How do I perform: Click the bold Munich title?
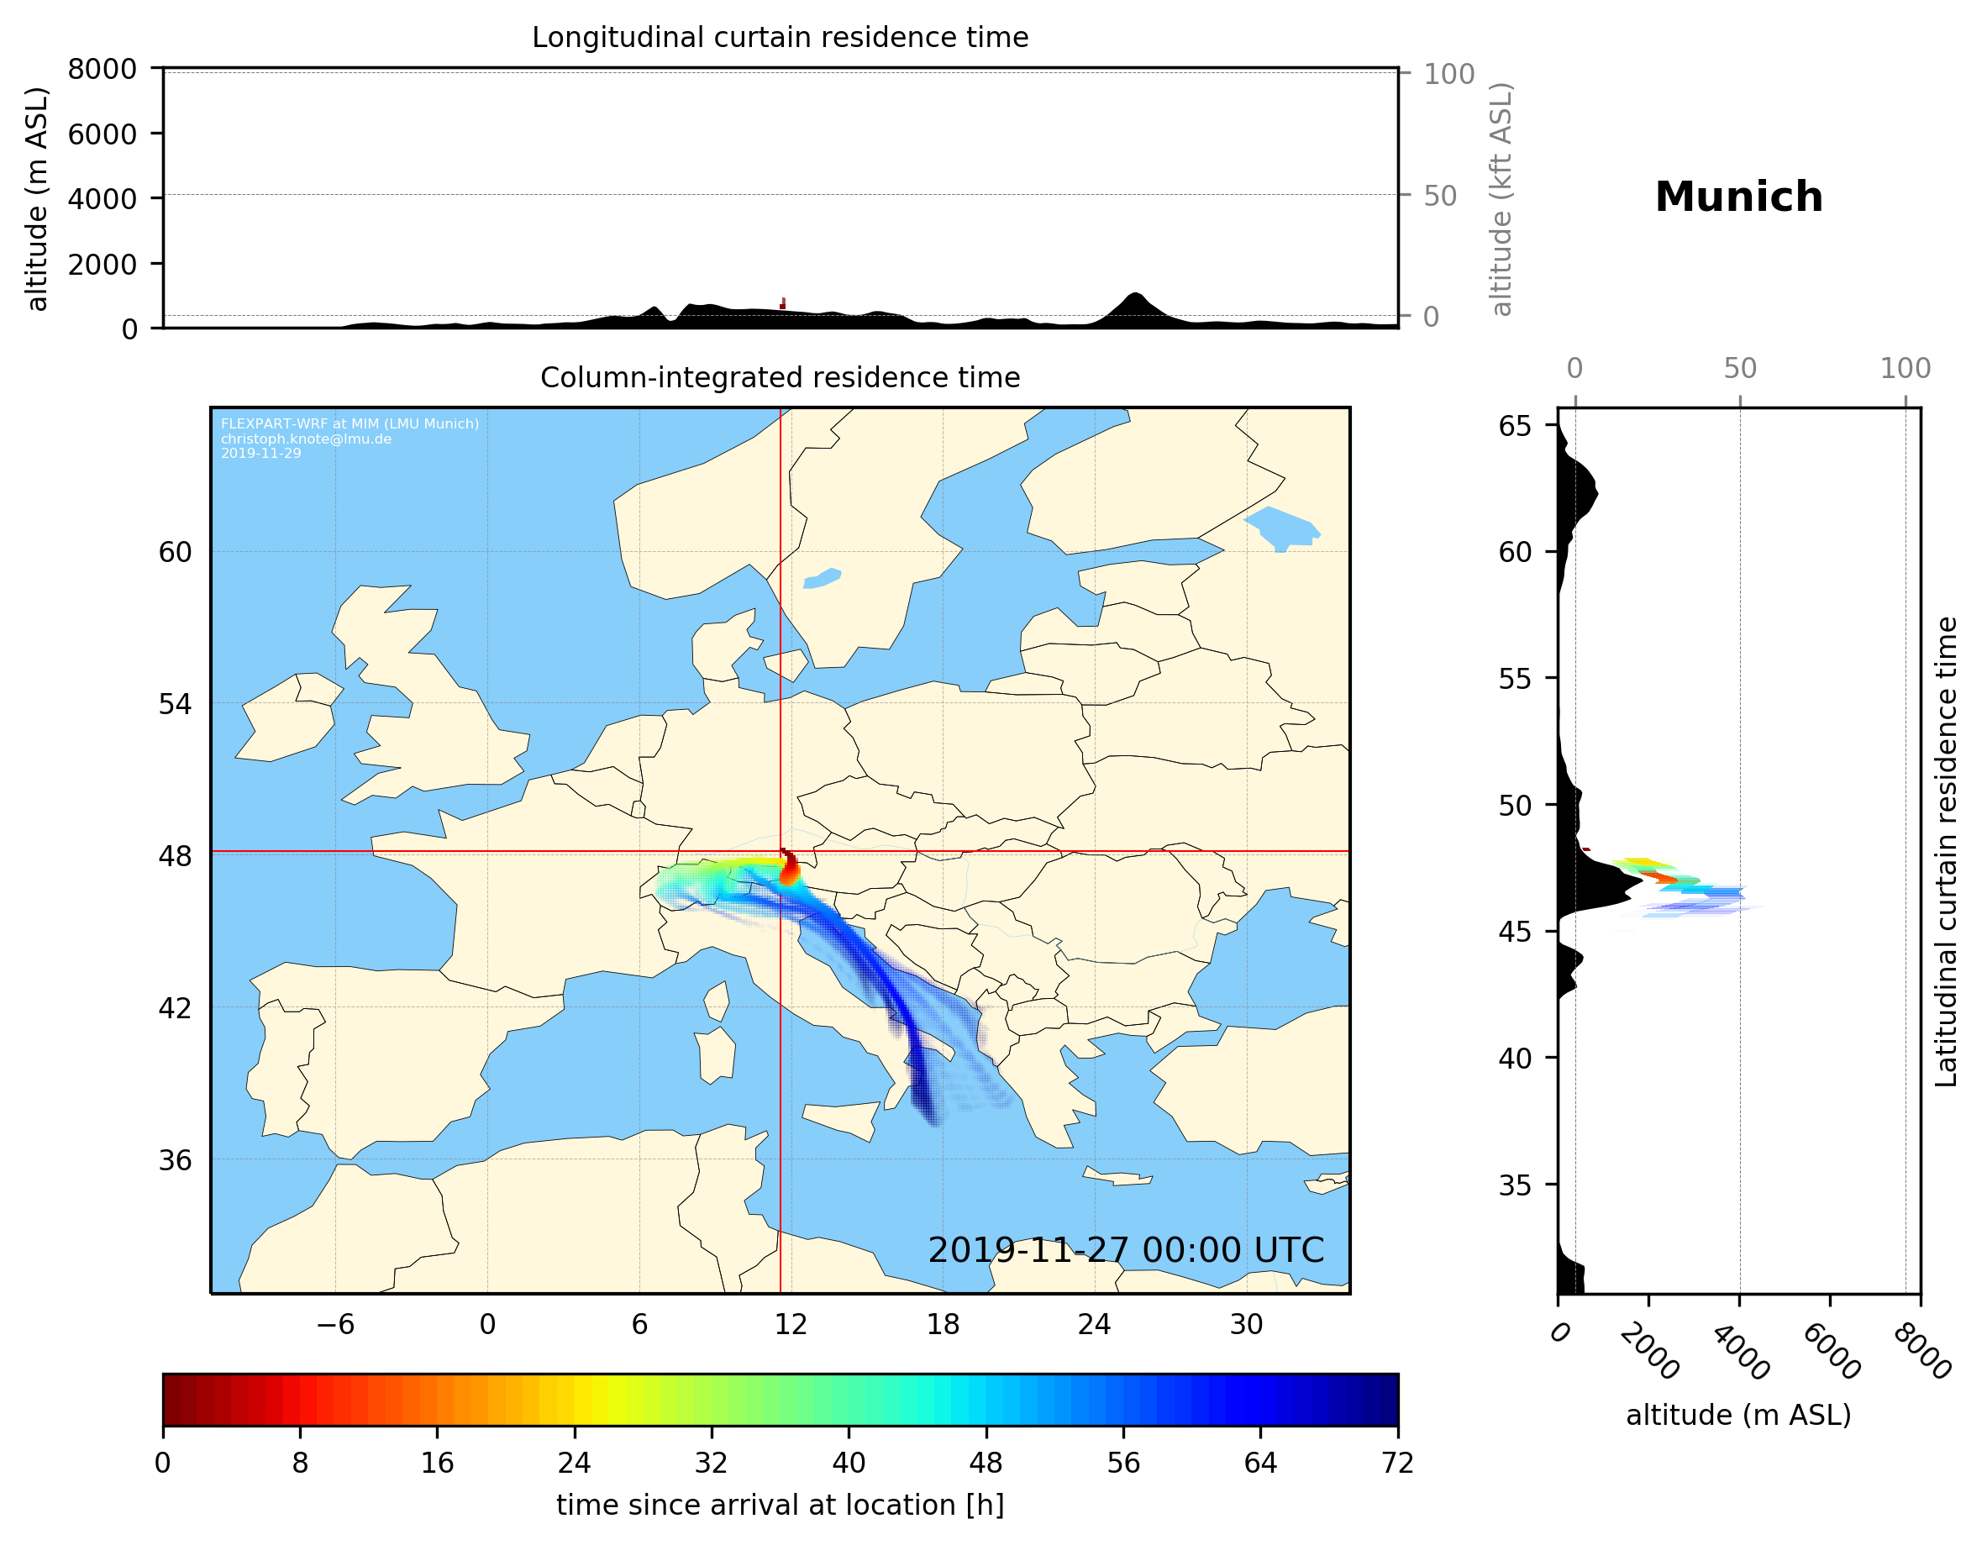[x=1738, y=197]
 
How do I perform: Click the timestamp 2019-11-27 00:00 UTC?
[x=1126, y=1250]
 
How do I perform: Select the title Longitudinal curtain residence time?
[x=780, y=37]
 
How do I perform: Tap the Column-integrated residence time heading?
[x=780, y=377]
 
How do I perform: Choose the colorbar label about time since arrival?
[x=780, y=1505]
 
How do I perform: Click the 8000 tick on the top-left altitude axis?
[x=102, y=69]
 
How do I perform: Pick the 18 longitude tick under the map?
[x=943, y=1324]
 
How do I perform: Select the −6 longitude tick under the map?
[x=334, y=1324]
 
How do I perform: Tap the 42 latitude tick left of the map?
[x=175, y=1008]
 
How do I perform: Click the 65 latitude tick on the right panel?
[x=1515, y=426]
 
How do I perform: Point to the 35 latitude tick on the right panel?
[x=1515, y=1185]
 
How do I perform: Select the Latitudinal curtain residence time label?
[x=1945, y=852]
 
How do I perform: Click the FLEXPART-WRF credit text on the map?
[x=350, y=424]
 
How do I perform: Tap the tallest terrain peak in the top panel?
[x=1133, y=296]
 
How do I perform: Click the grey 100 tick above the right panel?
[x=1906, y=369]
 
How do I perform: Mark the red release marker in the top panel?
[x=782, y=304]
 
